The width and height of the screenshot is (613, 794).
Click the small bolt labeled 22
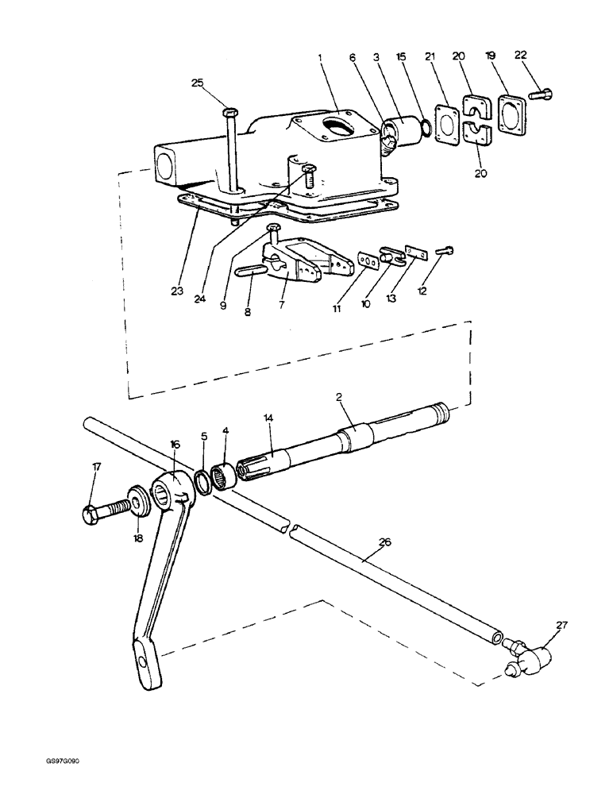(x=542, y=94)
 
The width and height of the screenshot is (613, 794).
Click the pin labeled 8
(x=252, y=270)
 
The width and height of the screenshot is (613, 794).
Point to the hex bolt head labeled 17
(x=90, y=515)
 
